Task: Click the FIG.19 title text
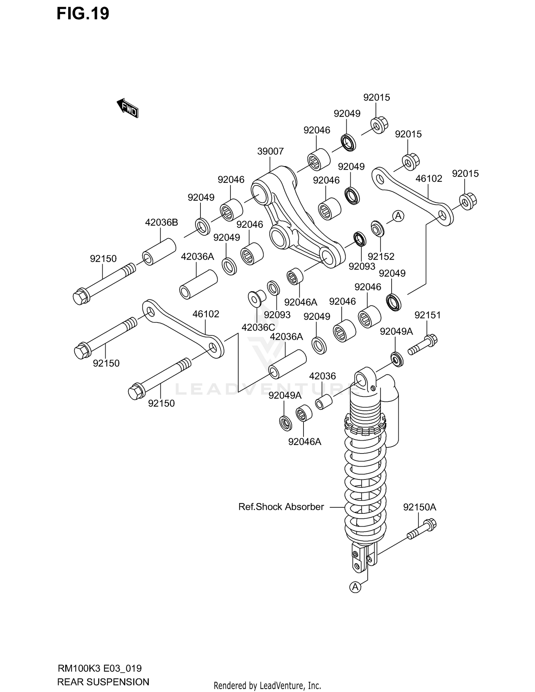point(83,14)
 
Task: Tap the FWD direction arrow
point(128,108)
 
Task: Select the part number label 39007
point(270,151)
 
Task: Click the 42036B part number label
point(161,222)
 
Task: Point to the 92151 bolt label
point(427,315)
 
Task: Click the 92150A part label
point(419,507)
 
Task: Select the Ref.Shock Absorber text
point(281,507)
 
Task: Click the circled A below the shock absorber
point(355,587)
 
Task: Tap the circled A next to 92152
point(398,216)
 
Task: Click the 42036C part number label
point(258,327)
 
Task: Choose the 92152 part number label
point(381,256)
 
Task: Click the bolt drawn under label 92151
point(423,345)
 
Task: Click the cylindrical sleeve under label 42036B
point(159,252)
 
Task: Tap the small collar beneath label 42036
point(324,402)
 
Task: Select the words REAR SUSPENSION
point(103,682)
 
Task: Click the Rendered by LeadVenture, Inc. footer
point(267,685)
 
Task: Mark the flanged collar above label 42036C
point(257,298)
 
